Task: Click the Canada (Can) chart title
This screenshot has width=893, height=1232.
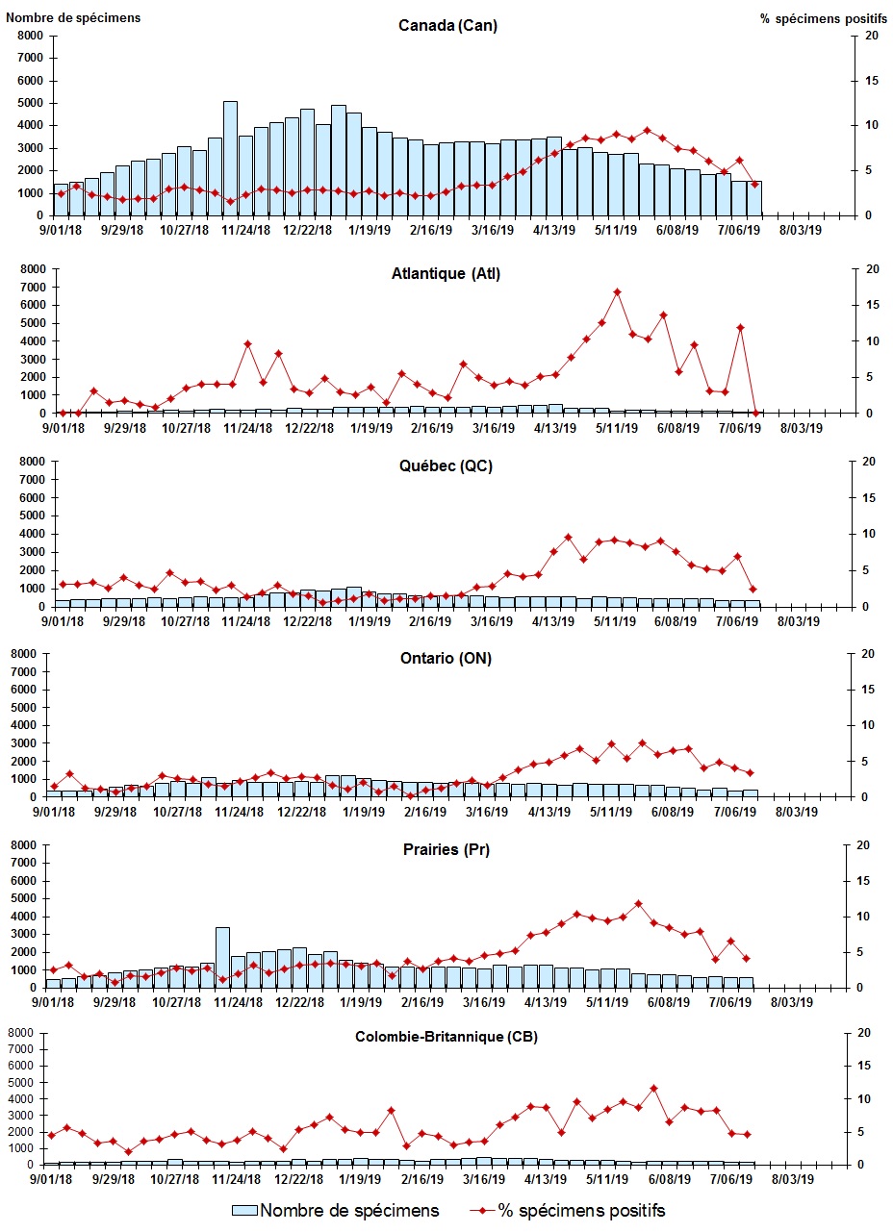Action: click(447, 26)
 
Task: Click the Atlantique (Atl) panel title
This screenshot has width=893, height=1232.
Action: click(446, 274)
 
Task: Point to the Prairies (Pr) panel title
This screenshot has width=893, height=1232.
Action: click(447, 850)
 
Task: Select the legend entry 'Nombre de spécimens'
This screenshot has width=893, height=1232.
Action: click(337, 1210)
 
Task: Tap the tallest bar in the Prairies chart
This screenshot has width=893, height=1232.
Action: click(222, 957)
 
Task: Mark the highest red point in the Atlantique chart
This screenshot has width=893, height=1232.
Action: click(617, 291)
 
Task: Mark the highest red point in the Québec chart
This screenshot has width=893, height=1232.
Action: click(569, 538)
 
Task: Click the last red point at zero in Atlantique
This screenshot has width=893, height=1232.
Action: click(756, 413)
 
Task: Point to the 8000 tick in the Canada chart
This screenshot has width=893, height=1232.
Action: click(29, 36)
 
